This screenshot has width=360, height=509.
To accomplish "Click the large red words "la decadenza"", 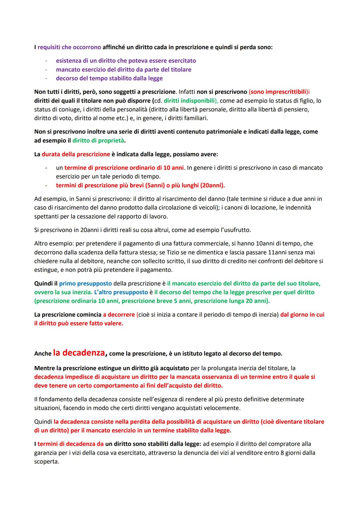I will (x=79, y=353).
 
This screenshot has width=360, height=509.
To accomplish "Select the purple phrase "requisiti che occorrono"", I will (x=69, y=47).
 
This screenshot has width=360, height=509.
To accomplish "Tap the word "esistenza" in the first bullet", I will (x=69, y=61).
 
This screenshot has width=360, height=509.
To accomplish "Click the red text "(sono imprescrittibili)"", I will (x=278, y=92).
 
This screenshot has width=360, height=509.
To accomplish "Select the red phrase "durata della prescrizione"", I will (x=76, y=154).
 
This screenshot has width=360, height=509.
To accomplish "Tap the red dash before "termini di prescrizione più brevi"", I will (x=47, y=185).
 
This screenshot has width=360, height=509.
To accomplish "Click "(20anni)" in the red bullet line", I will (x=212, y=185).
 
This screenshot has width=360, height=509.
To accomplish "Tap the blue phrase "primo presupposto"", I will (x=85, y=283).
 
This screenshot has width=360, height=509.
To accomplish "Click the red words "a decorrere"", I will (x=119, y=315).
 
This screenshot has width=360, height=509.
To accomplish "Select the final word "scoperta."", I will (x=46, y=462).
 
